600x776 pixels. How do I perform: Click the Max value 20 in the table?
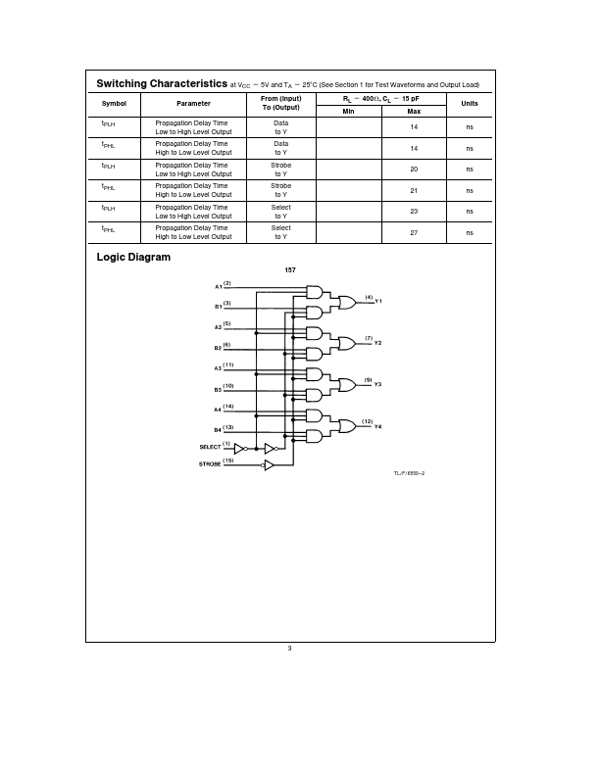coord(414,170)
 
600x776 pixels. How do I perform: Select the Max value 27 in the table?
coord(414,232)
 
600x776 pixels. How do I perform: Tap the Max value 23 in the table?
coord(414,212)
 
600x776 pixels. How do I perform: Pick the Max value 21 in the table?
coord(414,191)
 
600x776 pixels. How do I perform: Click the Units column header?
coord(470,104)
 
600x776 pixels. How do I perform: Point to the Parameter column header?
coord(193,104)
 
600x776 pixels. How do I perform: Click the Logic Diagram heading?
coord(133,258)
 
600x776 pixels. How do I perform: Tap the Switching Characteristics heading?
coord(162,84)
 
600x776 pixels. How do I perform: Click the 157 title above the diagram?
coord(290,269)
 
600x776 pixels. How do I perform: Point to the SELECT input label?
coord(210,447)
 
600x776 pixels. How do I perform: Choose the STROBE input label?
coord(210,464)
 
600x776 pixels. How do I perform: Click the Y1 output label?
coord(378,302)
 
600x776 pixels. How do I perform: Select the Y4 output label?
coord(378,426)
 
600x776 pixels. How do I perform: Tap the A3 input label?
coord(219,368)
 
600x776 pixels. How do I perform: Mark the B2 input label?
coord(219,348)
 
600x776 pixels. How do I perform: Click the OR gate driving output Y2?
coord(346,343)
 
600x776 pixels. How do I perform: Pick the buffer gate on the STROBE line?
coord(269,465)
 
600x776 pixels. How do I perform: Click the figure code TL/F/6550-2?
coord(409,473)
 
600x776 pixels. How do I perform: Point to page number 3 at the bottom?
coord(290,648)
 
